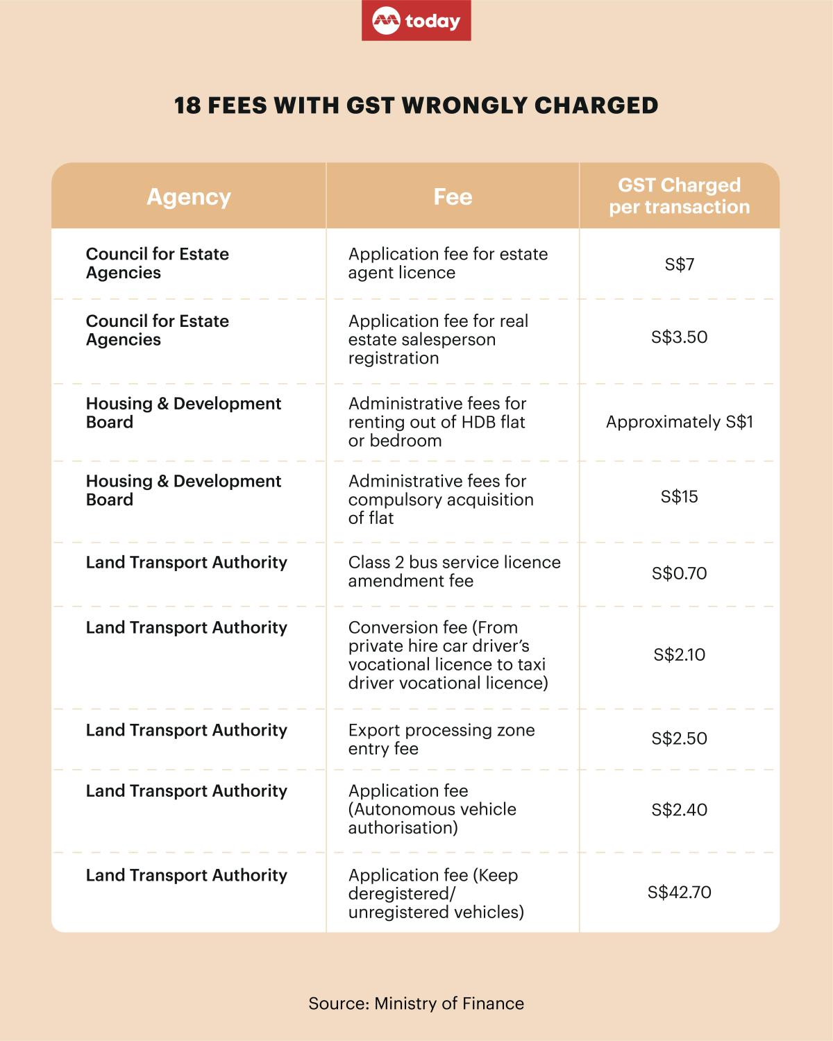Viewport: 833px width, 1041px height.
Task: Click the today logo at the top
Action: click(416, 21)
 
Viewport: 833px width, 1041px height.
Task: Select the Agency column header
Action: click(189, 197)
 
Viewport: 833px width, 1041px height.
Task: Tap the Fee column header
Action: click(453, 197)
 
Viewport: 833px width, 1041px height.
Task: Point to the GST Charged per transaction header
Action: click(679, 196)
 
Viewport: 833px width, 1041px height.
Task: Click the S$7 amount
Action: click(679, 264)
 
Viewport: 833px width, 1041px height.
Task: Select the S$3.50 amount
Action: click(679, 337)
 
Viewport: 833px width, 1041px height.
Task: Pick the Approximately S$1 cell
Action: click(679, 422)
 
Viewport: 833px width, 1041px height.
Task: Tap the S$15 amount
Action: click(679, 497)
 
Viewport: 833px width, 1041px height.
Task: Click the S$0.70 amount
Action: click(679, 573)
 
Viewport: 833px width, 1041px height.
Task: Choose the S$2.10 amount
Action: click(679, 654)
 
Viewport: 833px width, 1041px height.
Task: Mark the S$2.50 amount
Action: click(679, 738)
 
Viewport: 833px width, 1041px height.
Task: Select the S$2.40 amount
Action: click(679, 810)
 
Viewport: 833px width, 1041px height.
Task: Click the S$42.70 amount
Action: click(679, 892)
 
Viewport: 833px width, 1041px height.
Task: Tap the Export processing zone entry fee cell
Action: click(441, 739)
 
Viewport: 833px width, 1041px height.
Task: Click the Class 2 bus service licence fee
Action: click(454, 571)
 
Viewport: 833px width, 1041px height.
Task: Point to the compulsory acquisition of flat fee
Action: click(441, 500)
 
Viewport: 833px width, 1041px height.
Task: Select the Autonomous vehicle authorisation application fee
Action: click(432, 809)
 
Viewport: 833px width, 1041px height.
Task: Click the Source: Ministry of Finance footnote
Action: click(416, 1004)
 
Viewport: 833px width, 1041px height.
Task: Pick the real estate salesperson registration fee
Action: click(438, 339)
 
